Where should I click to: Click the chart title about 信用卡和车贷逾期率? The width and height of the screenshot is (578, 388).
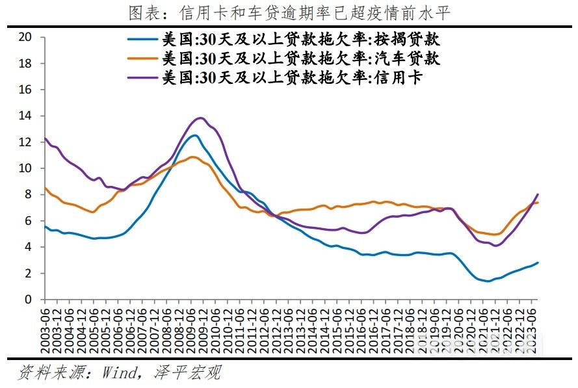[x=289, y=12]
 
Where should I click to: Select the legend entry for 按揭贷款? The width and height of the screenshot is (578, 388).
[x=300, y=39]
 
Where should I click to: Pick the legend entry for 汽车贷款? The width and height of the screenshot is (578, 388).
[x=300, y=58]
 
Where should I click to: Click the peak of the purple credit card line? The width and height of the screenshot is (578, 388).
[x=200, y=118]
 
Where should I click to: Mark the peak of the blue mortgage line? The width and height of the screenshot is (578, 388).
[x=194, y=135]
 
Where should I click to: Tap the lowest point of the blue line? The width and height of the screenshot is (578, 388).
[x=488, y=281]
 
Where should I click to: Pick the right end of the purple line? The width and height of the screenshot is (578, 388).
[x=538, y=194]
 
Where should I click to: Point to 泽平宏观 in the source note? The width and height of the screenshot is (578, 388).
[x=188, y=372]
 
